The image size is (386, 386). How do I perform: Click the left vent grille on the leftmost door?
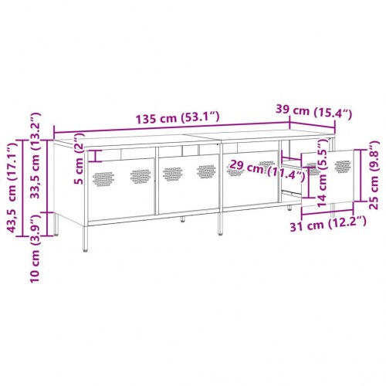(x=104, y=178)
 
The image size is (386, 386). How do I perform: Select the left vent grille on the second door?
(x=172, y=173)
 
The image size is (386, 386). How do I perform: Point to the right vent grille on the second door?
(x=206, y=171)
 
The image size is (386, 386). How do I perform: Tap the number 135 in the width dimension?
(x=147, y=120)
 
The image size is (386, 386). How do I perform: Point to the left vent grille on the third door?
(x=233, y=169)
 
